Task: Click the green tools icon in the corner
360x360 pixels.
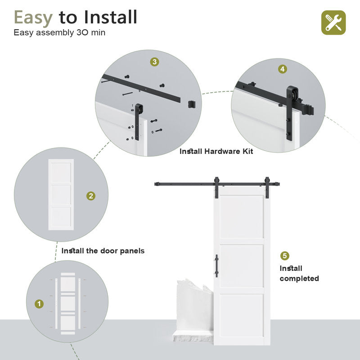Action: [x=333, y=22]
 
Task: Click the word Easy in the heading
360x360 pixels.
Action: [x=33, y=17]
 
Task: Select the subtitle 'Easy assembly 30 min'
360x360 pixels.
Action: [x=59, y=33]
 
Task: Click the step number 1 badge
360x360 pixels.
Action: [x=40, y=304]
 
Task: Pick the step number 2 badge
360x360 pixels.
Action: [x=91, y=196]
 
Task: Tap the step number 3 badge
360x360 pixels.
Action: [x=154, y=62]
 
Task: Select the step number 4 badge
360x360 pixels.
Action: [x=282, y=69]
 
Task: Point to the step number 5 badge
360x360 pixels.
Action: [x=284, y=256]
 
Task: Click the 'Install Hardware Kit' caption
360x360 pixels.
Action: [x=216, y=152]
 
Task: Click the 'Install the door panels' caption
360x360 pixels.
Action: [x=103, y=251]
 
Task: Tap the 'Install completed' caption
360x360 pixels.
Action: [x=299, y=273]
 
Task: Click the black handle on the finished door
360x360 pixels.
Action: [x=216, y=265]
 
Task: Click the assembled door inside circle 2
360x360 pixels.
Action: [x=61, y=194]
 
